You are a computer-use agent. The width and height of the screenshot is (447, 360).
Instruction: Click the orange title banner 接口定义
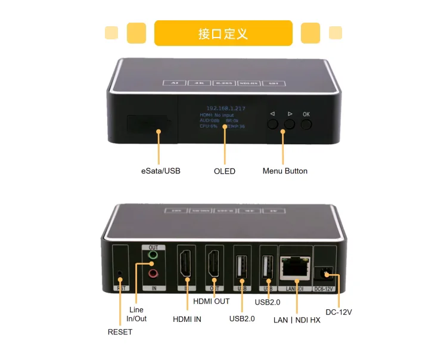coord(223,33)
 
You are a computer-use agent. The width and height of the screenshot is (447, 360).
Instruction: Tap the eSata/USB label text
coord(160,171)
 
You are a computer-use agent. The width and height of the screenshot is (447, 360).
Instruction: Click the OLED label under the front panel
coord(225,171)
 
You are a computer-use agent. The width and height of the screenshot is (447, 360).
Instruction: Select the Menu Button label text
coord(285,171)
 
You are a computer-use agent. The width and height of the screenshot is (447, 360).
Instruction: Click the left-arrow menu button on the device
coord(273,124)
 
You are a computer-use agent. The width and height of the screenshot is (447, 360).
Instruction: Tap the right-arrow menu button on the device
coord(290,124)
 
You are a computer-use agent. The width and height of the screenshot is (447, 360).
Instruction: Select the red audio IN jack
coord(153,274)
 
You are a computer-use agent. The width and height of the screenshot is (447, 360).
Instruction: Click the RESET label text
coord(120,332)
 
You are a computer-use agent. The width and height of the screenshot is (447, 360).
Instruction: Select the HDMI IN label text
coord(187,319)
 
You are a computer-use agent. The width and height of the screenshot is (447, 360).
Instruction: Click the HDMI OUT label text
coord(211,302)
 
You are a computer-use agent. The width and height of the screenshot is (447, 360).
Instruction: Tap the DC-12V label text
coord(339,312)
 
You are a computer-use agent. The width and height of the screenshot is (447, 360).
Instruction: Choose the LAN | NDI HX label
coord(297,320)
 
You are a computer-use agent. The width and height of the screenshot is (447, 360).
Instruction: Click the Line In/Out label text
coord(137,314)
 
